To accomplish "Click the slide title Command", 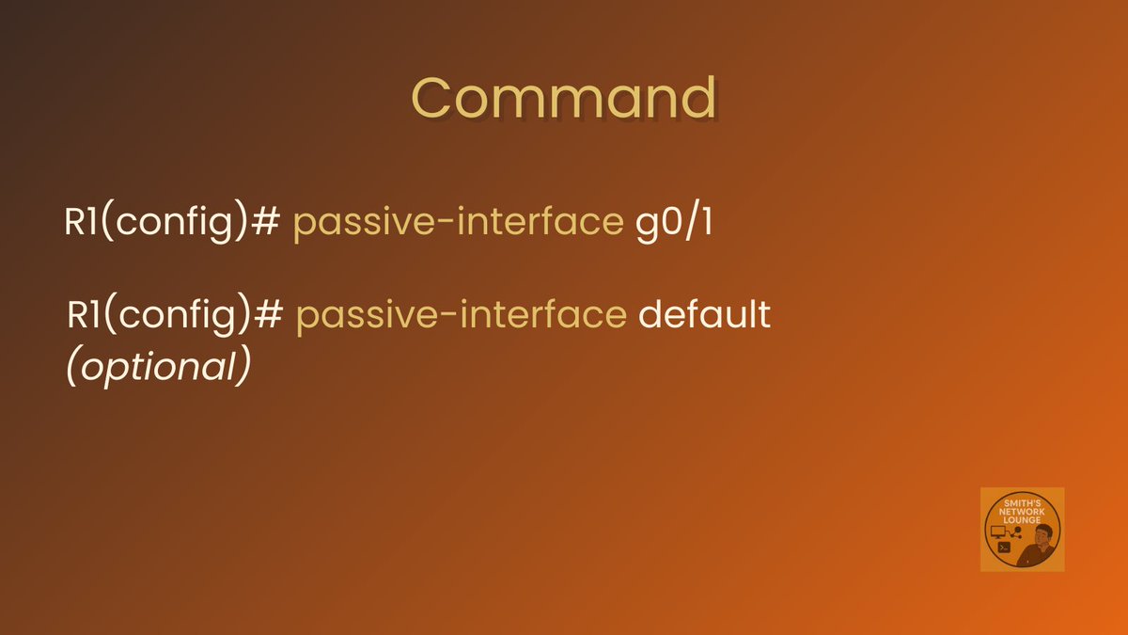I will (564, 98).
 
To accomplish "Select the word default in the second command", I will (704, 315).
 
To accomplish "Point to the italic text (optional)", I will (158, 367).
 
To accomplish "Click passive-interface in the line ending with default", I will (461, 315).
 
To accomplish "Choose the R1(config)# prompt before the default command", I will (175, 315).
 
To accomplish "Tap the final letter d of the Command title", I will (698, 98).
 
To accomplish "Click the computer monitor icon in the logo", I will (998, 532).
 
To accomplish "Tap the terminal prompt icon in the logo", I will (1004, 548).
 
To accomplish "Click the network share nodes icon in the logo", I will (1015, 533).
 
